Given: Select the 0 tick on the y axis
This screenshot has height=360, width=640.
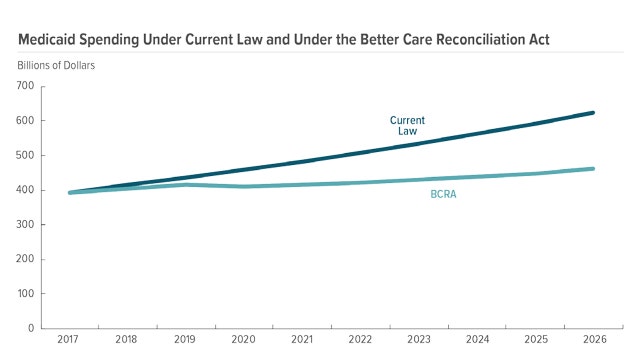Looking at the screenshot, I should (32, 328).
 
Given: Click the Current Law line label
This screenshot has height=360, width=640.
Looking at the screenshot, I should (401, 125).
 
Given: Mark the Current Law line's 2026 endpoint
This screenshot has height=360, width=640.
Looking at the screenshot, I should (622, 113).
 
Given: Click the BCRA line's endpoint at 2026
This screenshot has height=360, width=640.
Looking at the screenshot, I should (622, 169).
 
